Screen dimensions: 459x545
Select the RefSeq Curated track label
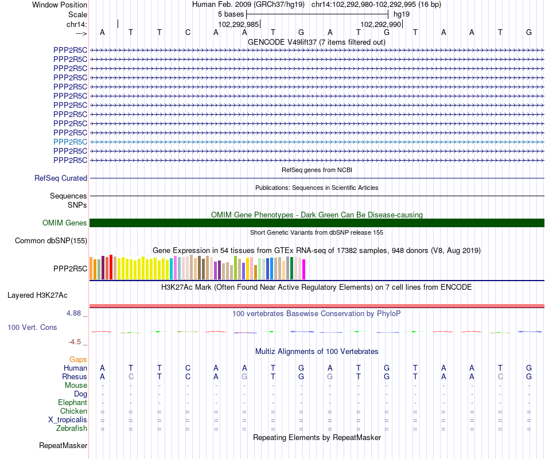61,178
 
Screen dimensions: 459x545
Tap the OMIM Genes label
65,223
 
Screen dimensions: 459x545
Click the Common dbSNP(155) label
51,241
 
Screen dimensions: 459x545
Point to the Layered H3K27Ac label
37,295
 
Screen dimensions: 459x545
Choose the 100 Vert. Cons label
32,327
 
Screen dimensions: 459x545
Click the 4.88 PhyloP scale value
75,313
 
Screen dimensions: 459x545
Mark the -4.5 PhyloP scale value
75,342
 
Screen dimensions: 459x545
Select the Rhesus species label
75,377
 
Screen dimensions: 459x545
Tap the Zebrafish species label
72,429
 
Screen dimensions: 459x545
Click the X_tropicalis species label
68,420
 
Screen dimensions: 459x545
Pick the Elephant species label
72,403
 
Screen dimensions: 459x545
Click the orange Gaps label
78,360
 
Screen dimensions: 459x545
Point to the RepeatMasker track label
63,446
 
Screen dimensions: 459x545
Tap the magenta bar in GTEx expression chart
304,270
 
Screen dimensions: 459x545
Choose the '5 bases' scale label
231,14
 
